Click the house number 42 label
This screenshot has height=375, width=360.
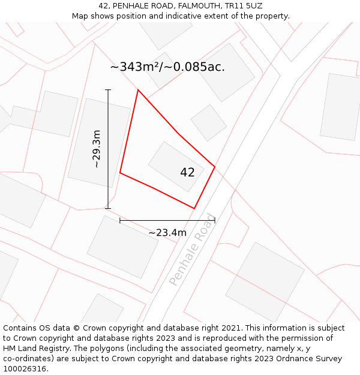click(187, 173)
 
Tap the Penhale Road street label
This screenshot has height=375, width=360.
click(191, 249)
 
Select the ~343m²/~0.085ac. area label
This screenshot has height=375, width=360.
click(167, 67)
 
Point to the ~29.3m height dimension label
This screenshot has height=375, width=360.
click(96, 149)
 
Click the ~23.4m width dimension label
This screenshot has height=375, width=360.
click(167, 233)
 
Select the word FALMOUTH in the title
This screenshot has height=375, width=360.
click(196, 5)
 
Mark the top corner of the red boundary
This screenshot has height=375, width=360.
click(138, 90)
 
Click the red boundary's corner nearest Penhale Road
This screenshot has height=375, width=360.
click(215, 167)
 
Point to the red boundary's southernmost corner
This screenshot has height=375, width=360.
click(194, 208)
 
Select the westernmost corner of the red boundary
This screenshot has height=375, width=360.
click(120, 173)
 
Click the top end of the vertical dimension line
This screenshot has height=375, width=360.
click(109, 90)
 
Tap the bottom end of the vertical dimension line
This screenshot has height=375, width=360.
click(109, 208)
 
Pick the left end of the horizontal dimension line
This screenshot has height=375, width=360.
click(120, 221)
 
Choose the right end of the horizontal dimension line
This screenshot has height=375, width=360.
click(215, 221)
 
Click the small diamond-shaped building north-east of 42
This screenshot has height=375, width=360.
click(209, 123)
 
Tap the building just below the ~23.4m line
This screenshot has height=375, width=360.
click(122, 247)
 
